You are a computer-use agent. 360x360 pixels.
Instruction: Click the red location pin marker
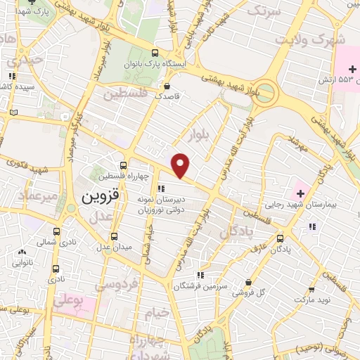(181, 165)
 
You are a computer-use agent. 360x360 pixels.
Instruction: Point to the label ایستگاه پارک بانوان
(167, 63)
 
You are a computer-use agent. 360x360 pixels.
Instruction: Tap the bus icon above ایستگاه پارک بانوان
(155, 52)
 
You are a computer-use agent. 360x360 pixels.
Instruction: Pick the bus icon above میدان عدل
(115, 236)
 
